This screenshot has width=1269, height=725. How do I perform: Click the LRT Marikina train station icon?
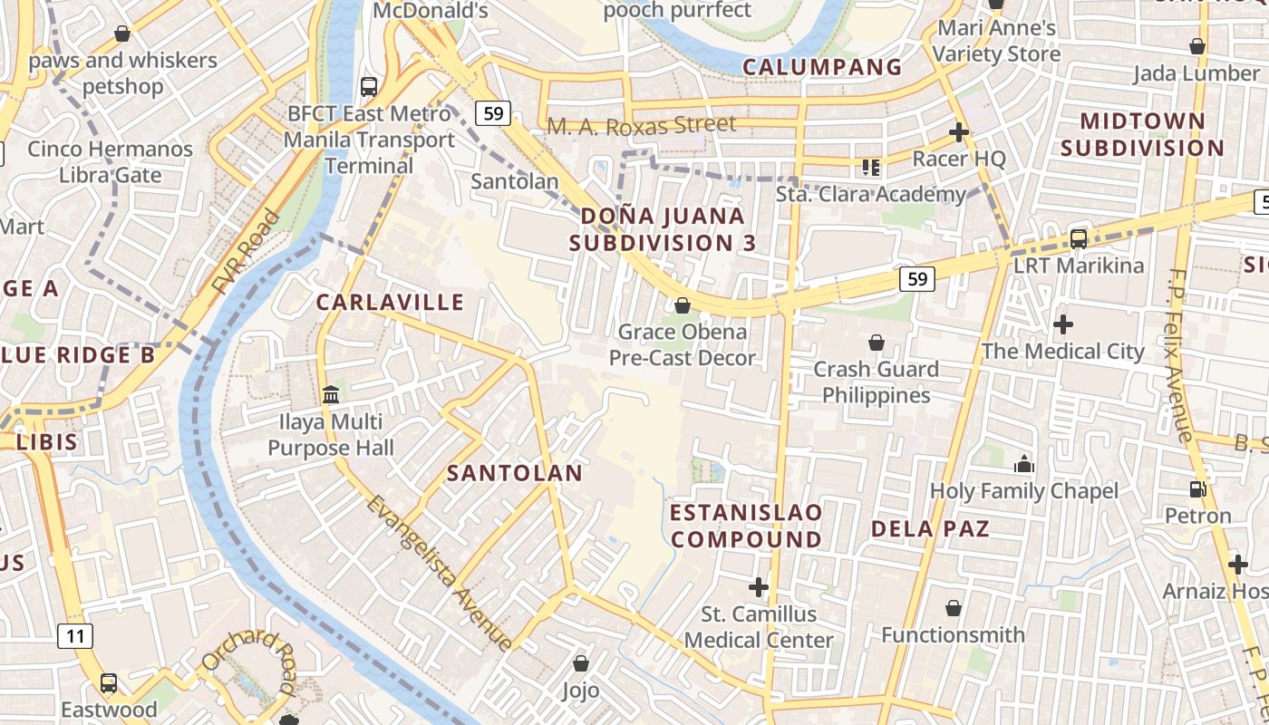[1079, 239]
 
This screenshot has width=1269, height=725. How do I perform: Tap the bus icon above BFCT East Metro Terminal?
[368, 87]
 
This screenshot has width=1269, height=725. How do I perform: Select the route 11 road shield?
[75, 636]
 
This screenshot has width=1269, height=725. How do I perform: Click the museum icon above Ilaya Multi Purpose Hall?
[331, 395]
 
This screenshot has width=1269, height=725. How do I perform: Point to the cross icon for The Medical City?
[1063, 324]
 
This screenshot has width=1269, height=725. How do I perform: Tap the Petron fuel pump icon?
[1198, 489]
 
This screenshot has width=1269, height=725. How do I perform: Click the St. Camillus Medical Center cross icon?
[759, 587]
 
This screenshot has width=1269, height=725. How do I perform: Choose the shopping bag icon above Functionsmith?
[953, 608]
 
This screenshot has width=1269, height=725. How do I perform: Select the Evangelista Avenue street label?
[441, 572]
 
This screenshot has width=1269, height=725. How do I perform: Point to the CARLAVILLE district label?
[390, 303]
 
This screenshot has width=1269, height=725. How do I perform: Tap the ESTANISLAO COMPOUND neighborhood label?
[746, 526]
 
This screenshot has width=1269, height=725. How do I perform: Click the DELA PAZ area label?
[930, 528]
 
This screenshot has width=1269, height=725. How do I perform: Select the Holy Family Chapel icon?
[1024, 465]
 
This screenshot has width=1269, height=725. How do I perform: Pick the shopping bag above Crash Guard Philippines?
[876, 343]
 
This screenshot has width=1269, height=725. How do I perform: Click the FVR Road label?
[246, 252]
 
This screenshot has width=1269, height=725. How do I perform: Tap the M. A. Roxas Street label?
[642, 125]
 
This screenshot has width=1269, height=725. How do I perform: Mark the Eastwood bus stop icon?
[109, 682]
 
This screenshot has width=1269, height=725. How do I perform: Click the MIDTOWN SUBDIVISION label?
[1142, 134]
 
